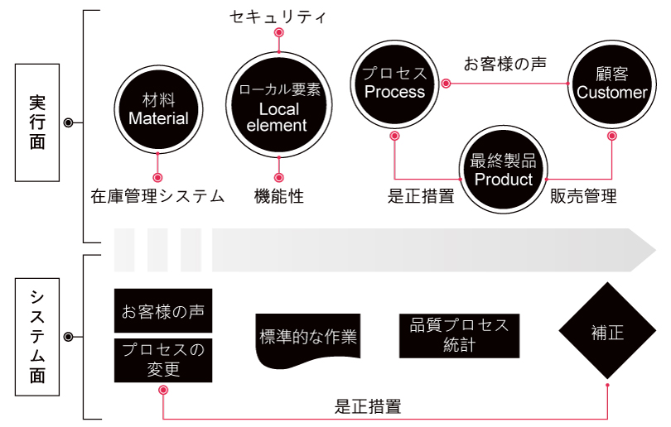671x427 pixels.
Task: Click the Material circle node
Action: click(158, 110)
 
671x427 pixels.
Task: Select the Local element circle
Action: click(278, 105)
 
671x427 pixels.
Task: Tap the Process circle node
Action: click(394, 84)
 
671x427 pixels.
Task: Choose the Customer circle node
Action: click(612, 84)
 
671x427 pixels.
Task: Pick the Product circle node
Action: click(504, 170)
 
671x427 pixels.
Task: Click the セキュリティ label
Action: click(278, 17)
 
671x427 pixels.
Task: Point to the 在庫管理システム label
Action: click(157, 196)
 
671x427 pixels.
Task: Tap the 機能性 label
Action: click(279, 196)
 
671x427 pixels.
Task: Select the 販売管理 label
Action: click(583, 196)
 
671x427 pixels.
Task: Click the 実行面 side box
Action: click(37, 122)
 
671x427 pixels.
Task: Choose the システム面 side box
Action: click(37, 337)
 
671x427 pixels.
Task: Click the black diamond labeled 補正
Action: click(607, 330)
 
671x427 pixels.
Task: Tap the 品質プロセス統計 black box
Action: click(459, 336)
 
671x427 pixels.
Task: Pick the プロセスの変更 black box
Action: click(163, 360)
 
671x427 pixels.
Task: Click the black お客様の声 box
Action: click(163, 311)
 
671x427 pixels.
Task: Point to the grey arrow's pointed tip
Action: click(655, 250)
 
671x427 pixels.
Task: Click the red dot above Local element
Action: click(279, 32)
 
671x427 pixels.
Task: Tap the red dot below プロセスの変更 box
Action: click(163, 391)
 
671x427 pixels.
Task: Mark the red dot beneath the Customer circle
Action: click(612, 136)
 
